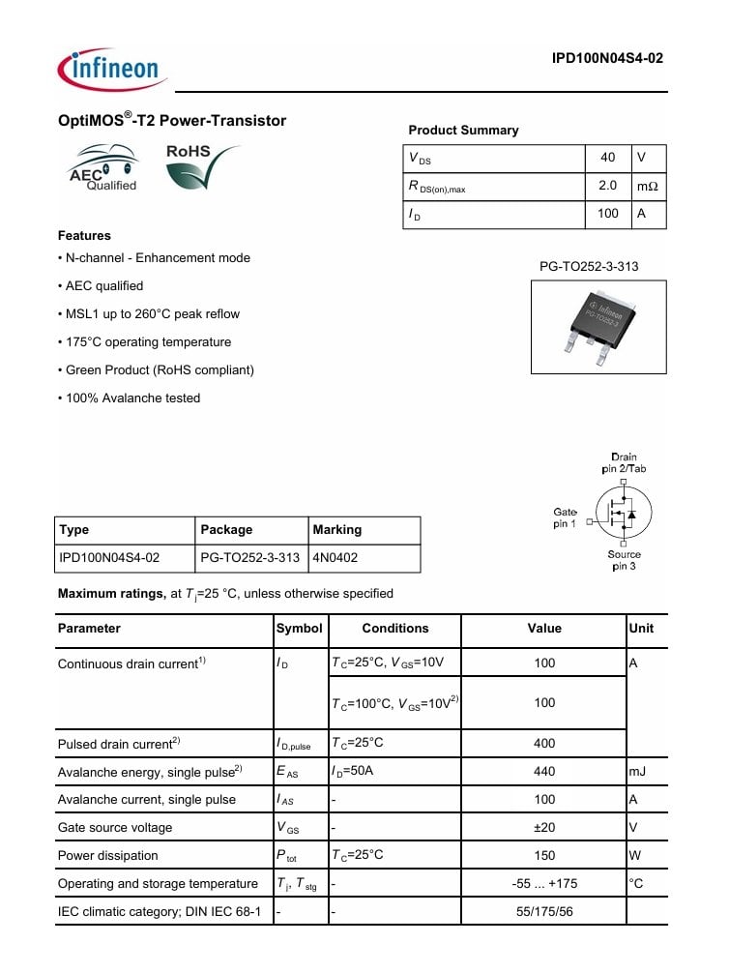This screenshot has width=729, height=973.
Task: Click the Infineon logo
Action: click(112, 69)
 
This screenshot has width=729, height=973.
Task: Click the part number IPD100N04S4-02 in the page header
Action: click(607, 58)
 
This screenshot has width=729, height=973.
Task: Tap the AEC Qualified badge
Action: click(103, 167)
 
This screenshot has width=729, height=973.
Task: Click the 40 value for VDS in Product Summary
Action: click(607, 158)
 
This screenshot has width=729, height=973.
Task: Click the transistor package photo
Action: click(599, 326)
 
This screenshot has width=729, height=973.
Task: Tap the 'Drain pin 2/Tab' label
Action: click(624, 462)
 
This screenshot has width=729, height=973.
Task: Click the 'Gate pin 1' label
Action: click(565, 517)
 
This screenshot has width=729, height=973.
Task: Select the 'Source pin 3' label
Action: click(624, 560)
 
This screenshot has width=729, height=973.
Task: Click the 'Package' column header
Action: click(226, 530)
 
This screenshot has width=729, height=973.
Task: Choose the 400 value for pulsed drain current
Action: click(544, 743)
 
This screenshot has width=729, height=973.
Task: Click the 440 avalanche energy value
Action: click(544, 771)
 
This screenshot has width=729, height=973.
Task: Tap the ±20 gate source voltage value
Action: click(544, 827)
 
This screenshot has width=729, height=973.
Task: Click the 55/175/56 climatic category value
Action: click(544, 911)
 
